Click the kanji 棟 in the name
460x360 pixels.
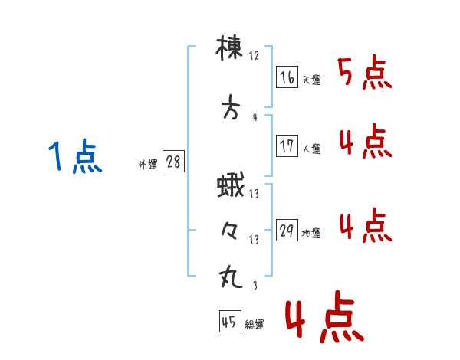click(229, 48)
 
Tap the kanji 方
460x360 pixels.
click(231, 107)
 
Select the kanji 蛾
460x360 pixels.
click(231, 185)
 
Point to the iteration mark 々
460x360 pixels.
click(230, 231)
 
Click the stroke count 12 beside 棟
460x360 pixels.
click(254, 56)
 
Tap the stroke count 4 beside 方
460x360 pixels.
click(255, 117)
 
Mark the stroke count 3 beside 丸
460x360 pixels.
click(255, 285)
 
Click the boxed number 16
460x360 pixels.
click(287, 77)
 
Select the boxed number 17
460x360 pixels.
click(287, 146)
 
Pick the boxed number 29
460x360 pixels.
click(287, 230)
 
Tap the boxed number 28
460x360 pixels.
click(173, 162)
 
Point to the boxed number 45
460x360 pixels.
click(230, 321)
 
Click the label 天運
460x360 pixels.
click(312, 80)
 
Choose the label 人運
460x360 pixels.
click(312, 149)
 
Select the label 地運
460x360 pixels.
click(311, 234)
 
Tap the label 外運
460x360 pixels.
click(148, 165)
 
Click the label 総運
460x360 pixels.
click(255, 325)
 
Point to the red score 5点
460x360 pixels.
click(365, 72)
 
